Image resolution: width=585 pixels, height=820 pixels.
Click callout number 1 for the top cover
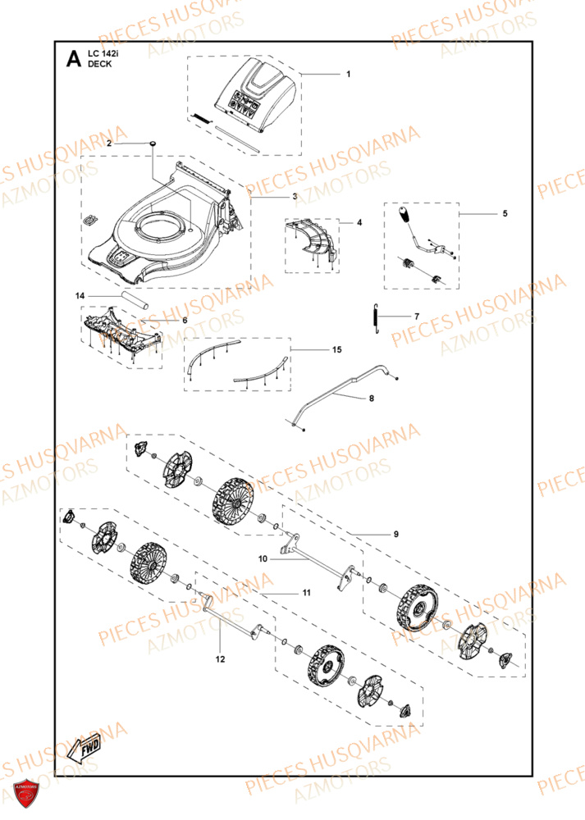(348, 75)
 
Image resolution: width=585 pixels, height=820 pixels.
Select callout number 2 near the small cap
(109, 143)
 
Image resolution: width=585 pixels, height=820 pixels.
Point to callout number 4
(359, 222)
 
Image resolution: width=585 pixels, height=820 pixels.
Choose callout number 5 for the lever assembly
(505, 213)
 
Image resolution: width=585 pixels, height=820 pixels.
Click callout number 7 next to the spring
(416, 316)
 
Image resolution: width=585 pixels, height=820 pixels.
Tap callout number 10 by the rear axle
(263, 559)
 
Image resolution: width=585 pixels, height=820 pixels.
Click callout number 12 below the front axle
(219, 658)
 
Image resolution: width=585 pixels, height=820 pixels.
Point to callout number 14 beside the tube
(80, 295)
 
